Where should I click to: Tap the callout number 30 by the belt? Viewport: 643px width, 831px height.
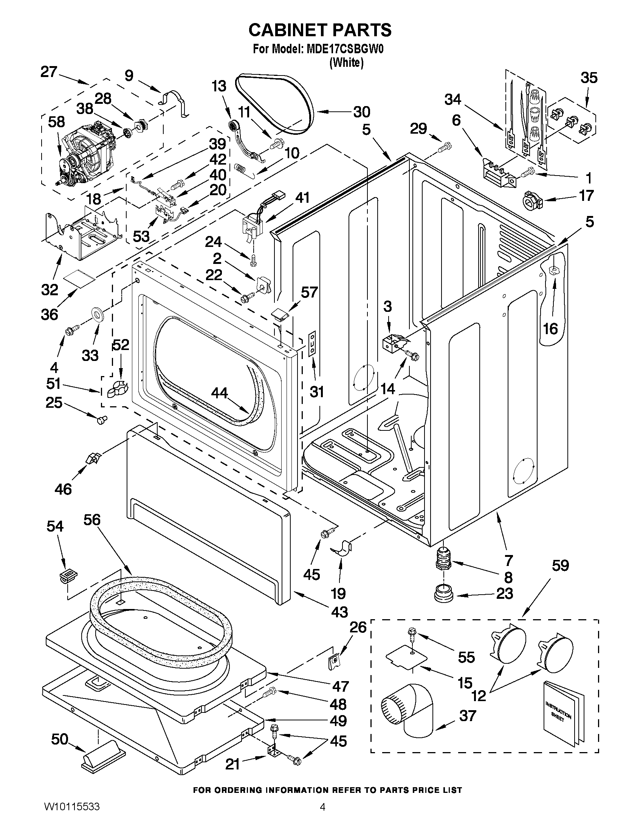[361, 112]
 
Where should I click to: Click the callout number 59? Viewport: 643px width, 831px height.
[560, 566]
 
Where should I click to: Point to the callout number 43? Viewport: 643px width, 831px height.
[339, 612]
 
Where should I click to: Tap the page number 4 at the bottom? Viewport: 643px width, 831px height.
[322, 817]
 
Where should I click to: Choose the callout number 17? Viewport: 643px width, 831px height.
[586, 195]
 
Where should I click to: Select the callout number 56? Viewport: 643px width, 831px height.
[92, 520]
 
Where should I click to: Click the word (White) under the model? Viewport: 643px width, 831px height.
[346, 63]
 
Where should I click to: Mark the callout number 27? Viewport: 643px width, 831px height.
[49, 71]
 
